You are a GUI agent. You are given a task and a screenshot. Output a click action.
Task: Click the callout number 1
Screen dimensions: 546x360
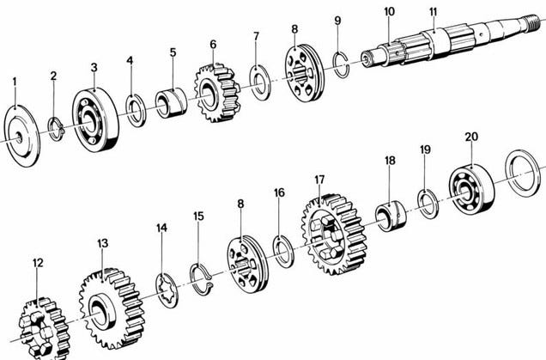tap(15, 82)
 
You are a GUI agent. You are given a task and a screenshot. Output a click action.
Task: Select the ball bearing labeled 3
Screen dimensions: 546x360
tap(95, 120)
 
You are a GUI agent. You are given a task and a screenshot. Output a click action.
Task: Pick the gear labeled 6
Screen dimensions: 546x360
tap(217, 93)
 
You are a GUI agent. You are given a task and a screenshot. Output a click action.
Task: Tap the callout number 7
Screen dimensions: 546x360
tap(257, 36)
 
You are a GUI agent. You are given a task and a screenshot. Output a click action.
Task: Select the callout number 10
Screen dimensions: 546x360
tap(389, 11)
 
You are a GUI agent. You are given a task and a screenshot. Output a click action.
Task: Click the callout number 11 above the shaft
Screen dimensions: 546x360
tap(433, 11)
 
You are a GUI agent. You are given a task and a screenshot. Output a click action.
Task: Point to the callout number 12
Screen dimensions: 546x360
tap(38, 263)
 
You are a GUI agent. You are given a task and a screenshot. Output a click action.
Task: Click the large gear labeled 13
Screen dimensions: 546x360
tap(112, 308)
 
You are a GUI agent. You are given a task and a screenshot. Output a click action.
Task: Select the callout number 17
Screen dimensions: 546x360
tap(319, 180)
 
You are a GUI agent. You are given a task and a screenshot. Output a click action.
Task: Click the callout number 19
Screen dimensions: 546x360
tap(425, 149)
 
